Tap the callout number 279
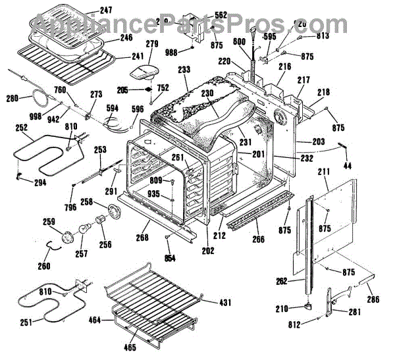(x=152, y=45)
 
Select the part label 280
(x=13, y=99)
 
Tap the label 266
(x=259, y=240)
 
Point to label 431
(x=225, y=302)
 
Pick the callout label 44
(x=347, y=165)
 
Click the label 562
(x=221, y=15)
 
